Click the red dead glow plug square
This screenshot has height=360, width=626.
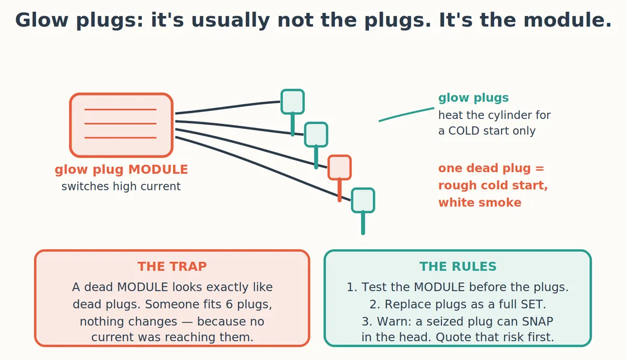[x=340, y=167]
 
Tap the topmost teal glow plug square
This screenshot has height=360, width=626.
[x=293, y=101]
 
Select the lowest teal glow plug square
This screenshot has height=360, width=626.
[x=363, y=200]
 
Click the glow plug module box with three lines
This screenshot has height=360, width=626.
[x=121, y=125]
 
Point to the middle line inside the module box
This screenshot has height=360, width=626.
[x=121, y=124]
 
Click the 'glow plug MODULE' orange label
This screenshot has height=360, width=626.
[x=121, y=170]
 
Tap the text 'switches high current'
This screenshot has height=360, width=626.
[x=121, y=186]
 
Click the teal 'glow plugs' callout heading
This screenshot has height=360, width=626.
[x=474, y=98]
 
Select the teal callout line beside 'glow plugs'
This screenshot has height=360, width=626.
[x=406, y=114]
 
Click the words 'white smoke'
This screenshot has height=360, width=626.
[x=480, y=202]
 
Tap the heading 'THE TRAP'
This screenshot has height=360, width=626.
[x=172, y=267]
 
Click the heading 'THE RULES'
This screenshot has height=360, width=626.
[x=458, y=267]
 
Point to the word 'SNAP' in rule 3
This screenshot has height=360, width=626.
[x=537, y=321]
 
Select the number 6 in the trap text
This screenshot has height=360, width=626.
[x=230, y=304]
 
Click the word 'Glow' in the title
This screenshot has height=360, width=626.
[x=42, y=20]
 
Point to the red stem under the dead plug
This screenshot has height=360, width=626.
[x=340, y=190]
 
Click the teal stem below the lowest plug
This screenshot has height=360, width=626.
[x=363, y=223]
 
